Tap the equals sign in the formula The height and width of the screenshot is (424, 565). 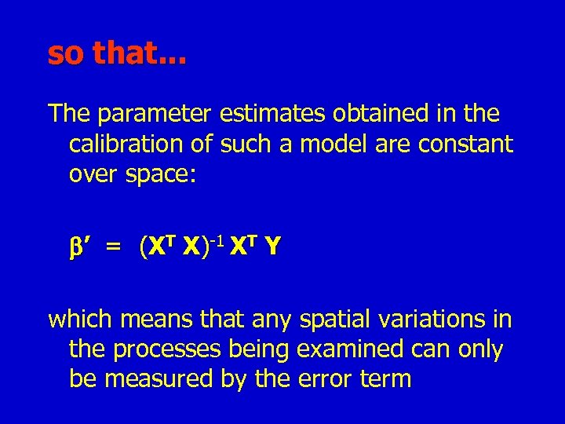coord(114,248)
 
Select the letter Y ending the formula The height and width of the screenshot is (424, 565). coord(272,247)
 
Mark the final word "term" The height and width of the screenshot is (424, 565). coord(385,380)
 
